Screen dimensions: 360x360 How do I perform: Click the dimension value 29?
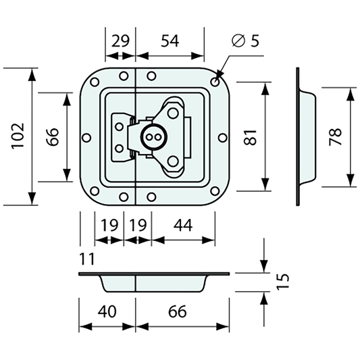(120, 41)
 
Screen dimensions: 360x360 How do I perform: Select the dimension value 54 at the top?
(170, 41)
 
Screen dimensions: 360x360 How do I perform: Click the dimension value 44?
(182, 225)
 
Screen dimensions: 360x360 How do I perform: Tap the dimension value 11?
(86, 259)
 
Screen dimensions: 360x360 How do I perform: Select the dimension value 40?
(106, 311)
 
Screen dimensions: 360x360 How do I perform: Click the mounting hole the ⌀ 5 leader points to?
(215, 82)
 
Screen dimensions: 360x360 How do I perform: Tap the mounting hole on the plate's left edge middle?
(86, 137)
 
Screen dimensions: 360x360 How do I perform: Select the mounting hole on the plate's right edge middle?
(223, 137)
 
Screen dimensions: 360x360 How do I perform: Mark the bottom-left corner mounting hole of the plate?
(95, 191)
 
